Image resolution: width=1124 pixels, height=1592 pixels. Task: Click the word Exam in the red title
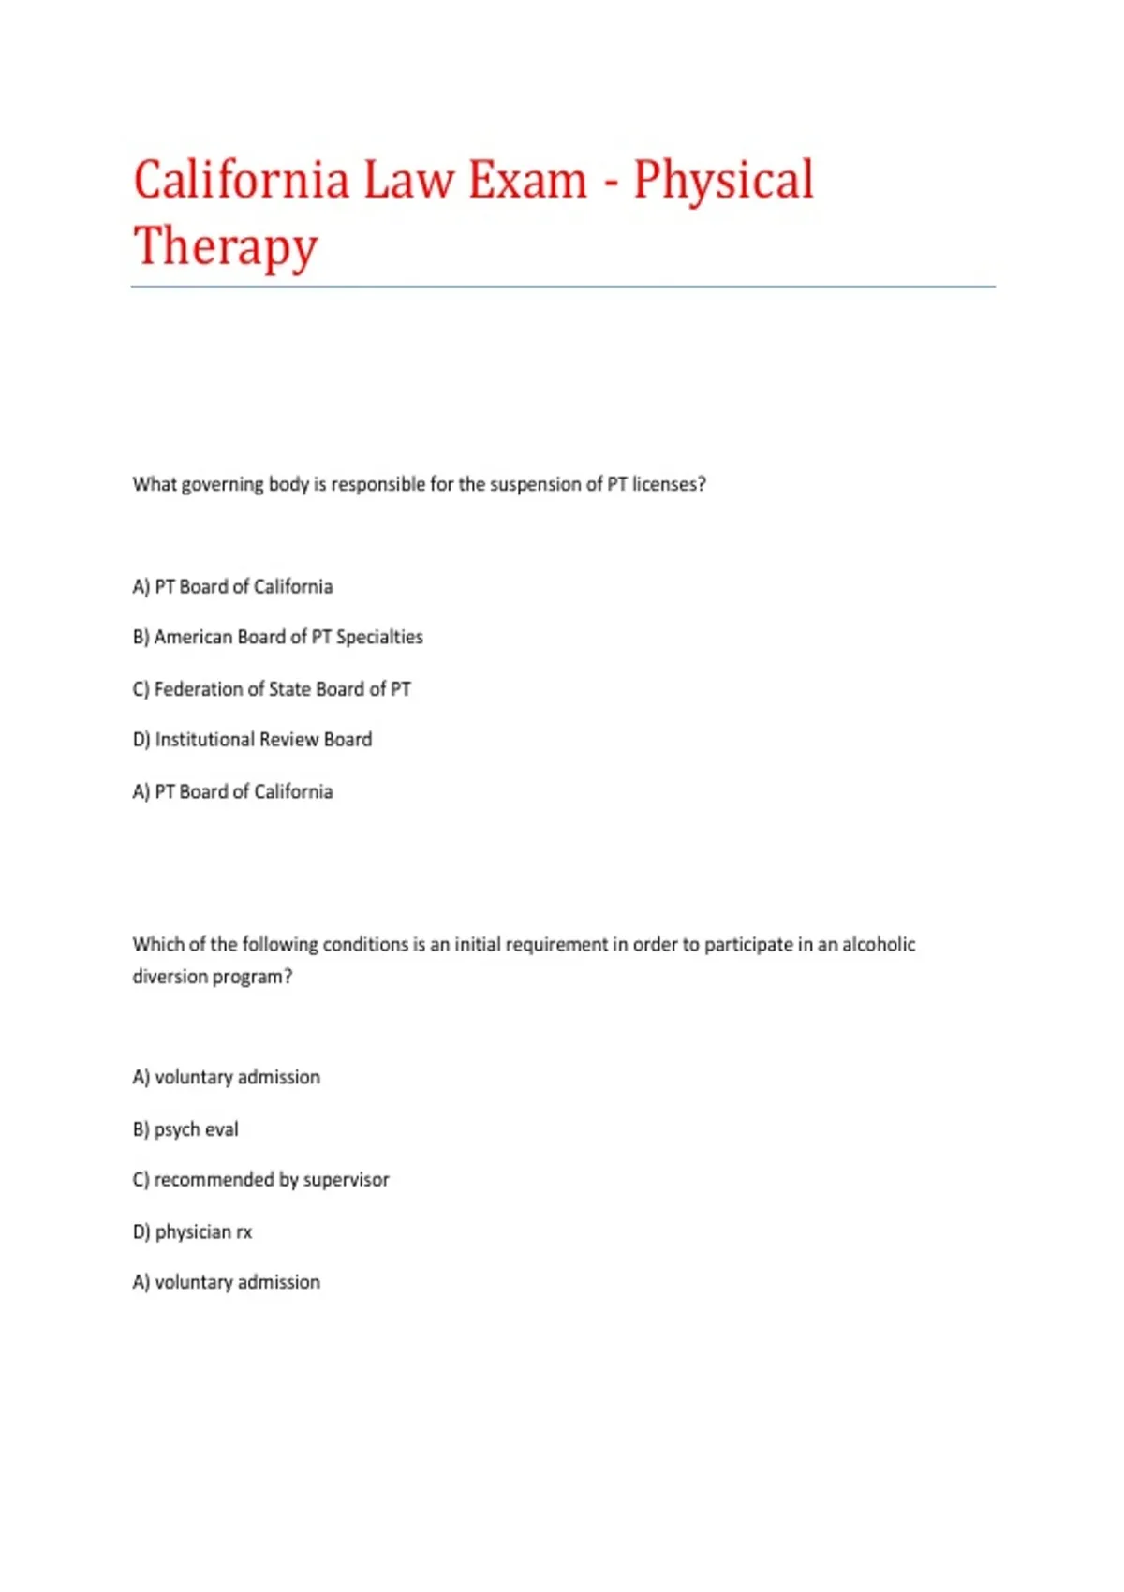coord(527,180)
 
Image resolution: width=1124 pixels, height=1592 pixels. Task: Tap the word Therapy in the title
coord(226,246)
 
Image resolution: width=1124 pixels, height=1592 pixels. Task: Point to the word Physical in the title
coord(723,180)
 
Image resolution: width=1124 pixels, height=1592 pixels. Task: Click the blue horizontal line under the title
coord(562,287)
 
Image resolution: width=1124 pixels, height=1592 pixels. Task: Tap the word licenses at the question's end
coord(668,484)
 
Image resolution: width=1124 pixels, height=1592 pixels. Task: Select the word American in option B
coord(193,637)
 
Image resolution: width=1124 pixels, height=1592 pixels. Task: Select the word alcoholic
coord(878,944)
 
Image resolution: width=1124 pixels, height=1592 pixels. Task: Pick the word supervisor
coord(346,1180)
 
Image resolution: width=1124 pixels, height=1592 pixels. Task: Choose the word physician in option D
coord(193,1232)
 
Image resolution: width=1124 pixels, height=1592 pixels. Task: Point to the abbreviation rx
coord(244,1232)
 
